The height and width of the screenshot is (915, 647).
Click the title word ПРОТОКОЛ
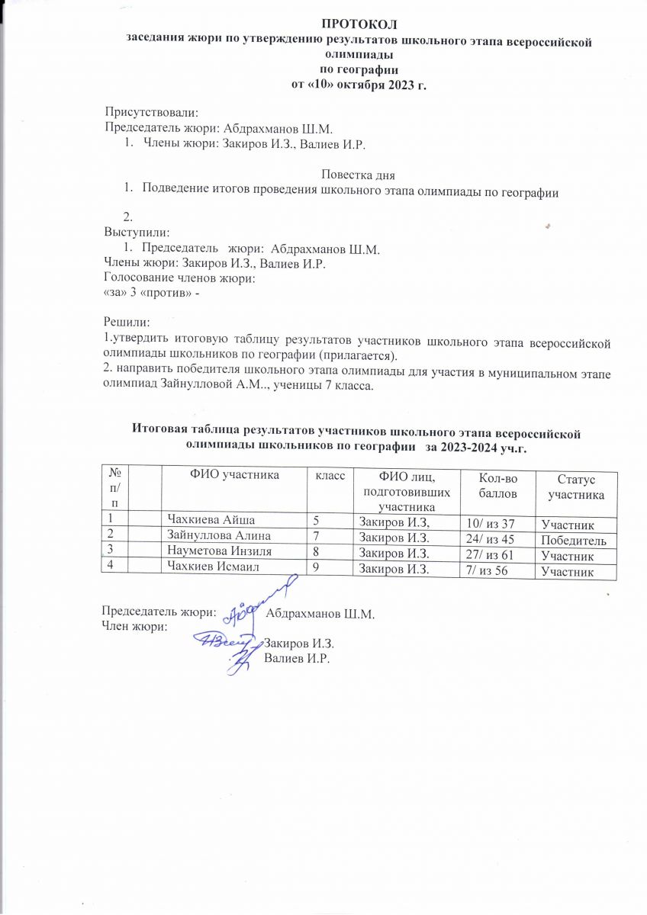click(x=359, y=30)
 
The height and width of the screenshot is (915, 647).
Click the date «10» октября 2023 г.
click(x=359, y=85)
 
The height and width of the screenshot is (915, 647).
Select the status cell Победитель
click(x=574, y=541)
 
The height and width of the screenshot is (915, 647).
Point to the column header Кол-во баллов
click(x=497, y=485)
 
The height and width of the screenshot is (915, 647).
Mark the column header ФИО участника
click(x=233, y=474)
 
